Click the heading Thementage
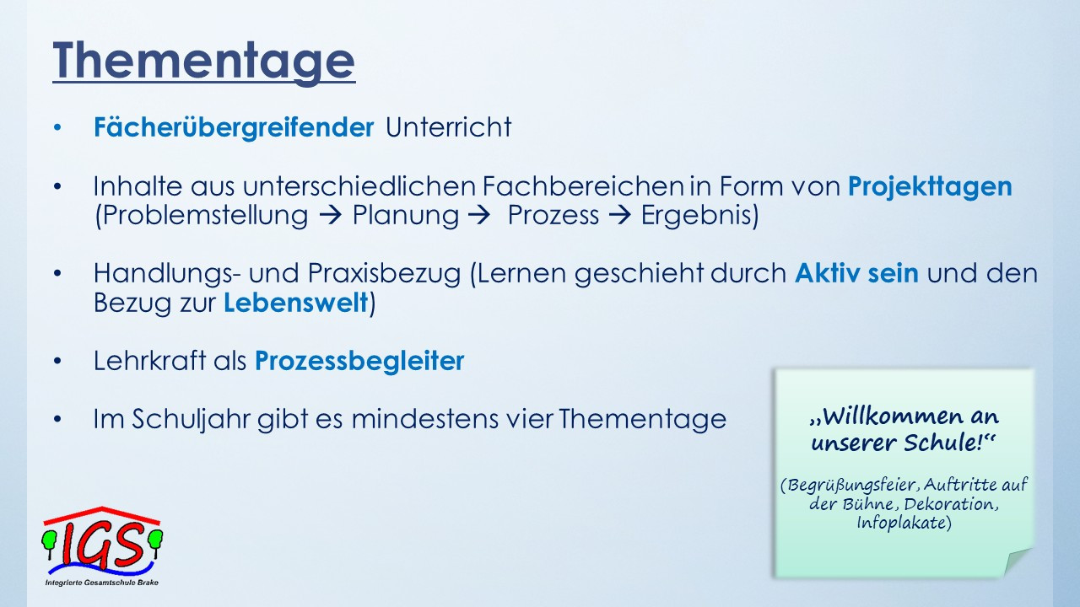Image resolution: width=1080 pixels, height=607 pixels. (204, 62)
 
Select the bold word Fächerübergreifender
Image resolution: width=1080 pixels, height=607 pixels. (234, 127)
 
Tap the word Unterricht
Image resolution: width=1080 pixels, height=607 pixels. (448, 127)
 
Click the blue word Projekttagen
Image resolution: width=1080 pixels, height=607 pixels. (930, 187)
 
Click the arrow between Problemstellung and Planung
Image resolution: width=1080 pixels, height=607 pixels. (331, 215)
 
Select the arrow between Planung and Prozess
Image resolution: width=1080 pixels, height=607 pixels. (480, 215)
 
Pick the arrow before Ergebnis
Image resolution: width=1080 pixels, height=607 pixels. (620, 215)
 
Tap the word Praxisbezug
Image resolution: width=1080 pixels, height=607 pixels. (384, 274)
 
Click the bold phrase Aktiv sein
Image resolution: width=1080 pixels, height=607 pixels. (856, 273)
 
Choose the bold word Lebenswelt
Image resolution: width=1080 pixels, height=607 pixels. (296, 303)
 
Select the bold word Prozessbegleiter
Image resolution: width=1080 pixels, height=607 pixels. (359, 362)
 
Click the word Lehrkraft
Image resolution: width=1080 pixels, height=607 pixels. (149, 361)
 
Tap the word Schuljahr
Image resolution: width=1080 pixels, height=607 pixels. (191, 419)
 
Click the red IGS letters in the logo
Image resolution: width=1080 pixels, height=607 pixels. (102, 545)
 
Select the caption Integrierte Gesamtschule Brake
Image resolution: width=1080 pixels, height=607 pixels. (102, 583)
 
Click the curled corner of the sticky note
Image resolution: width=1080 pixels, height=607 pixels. (1018, 561)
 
